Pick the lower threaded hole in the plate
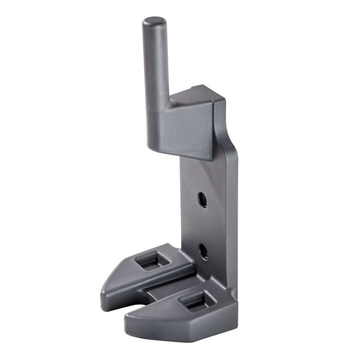coord(204,251)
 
